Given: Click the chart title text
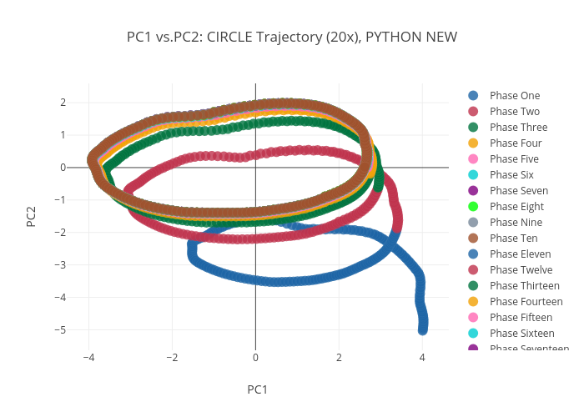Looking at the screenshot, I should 292,38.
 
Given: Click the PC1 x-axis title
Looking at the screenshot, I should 257,389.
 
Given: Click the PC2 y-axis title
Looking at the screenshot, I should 31,215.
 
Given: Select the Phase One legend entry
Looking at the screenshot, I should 513,96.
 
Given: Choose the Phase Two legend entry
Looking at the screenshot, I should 514,112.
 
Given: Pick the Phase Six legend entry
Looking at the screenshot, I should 511,175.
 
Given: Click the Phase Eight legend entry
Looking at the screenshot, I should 515,207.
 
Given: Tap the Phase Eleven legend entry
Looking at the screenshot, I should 519,254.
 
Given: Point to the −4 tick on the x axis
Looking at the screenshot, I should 88,357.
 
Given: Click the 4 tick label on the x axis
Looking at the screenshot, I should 422,357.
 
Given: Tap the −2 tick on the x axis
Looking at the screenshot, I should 172,357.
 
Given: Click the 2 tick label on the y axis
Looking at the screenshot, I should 63,103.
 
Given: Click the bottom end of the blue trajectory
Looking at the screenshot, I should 423,329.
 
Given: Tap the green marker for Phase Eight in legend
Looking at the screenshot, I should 473,207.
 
